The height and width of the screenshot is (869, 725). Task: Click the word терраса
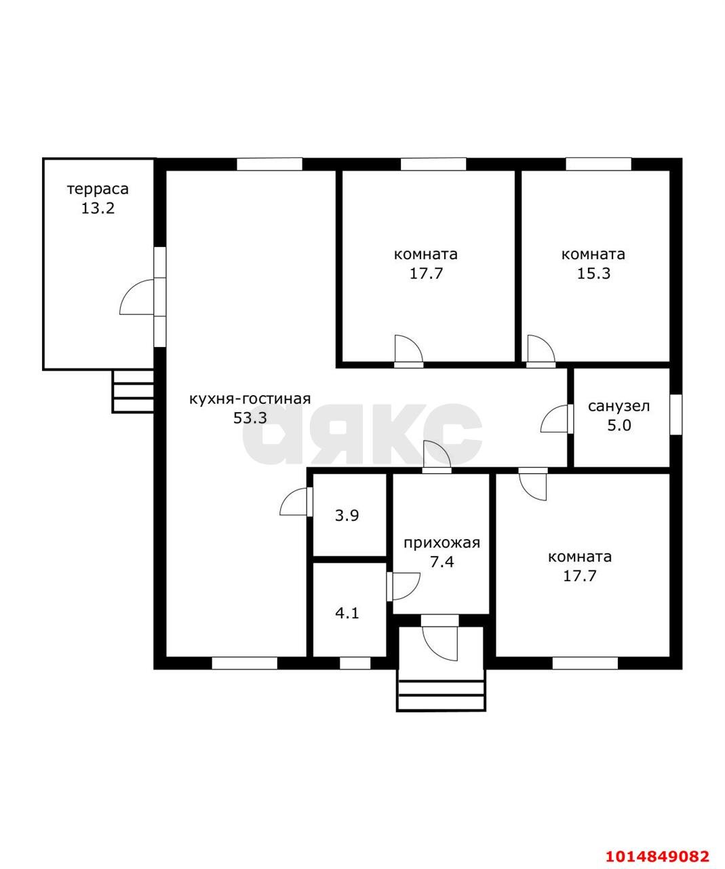[x=98, y=189]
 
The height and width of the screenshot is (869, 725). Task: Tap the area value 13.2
[x=98, y=208]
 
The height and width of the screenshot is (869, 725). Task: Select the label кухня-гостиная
[x=250, y=399]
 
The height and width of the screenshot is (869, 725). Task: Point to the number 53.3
[x=250, y=418]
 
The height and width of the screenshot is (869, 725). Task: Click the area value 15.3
[x=593, y=274]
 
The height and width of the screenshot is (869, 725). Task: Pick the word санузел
[x=619, y=406]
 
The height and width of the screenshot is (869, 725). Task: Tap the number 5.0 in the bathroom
[x=619, y=426]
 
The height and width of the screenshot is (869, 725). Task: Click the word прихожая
[x=442, y=542]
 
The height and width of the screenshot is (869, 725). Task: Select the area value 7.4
[x=442, y=562]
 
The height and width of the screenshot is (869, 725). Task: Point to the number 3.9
[x=347, y=516]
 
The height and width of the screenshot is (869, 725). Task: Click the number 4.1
[x=347, y=613]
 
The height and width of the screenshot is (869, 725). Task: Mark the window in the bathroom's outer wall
[x=676, y=415]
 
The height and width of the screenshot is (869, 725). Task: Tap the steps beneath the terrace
[x=133, y=391]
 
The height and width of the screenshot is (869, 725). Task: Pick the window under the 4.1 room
[x=355, y=663]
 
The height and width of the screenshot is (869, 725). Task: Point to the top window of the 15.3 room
[x=598, y=164]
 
